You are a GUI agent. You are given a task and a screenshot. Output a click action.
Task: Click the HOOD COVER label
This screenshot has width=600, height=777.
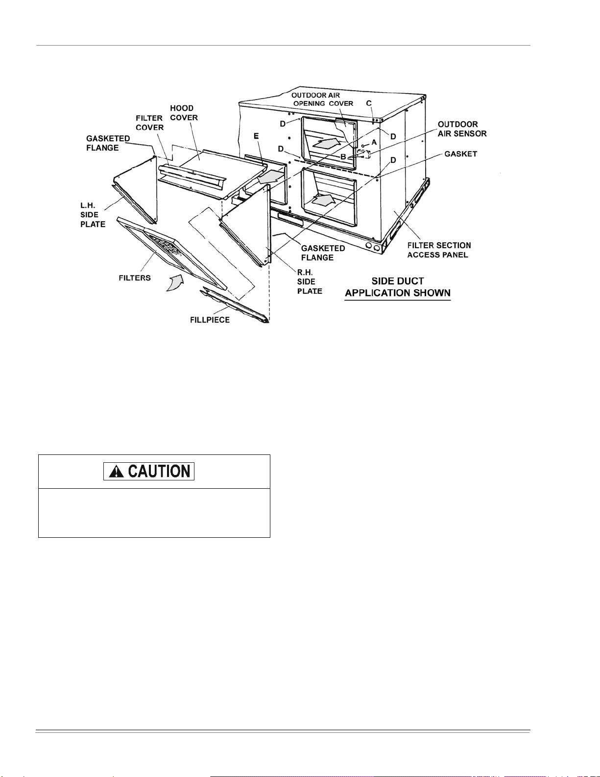coord(184,113)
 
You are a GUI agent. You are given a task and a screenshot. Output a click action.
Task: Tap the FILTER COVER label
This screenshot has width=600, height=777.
coord(149,123)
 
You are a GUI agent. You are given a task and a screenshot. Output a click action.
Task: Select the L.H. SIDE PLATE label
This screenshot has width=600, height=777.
coord(93,215)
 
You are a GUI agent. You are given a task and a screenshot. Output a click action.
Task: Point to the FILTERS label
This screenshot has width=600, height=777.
coord(135,278)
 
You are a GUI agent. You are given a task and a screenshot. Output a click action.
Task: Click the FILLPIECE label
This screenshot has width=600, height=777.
coord(210,320)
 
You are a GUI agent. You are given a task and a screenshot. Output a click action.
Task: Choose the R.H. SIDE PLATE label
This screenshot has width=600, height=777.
coord(310,281)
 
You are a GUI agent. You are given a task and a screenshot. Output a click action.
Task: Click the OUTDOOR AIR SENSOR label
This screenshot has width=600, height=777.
coord(462,129)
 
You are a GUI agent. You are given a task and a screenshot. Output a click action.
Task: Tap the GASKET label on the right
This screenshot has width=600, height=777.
coord(460,154)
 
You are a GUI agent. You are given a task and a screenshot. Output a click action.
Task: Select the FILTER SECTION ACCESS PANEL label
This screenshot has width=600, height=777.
coord(439,250)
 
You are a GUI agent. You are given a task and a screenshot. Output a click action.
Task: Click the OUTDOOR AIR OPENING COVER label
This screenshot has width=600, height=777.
coord(322,100)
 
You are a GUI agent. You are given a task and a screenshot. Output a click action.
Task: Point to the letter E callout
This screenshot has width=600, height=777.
coord(256,136)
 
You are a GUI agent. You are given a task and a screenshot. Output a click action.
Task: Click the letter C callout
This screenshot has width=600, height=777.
coord(369,103)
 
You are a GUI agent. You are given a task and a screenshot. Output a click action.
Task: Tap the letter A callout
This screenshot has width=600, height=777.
coord(374,142)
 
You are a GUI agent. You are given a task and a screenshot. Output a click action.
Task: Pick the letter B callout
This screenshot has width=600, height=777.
coord(343,157)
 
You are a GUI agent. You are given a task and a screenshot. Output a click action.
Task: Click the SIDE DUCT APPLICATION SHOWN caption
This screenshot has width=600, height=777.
coord(397,287)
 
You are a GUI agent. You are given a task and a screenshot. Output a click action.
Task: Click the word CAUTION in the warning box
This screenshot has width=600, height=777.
coord(159,472)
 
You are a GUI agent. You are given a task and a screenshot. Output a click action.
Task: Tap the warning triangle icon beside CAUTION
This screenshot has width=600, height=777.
coord(116,472)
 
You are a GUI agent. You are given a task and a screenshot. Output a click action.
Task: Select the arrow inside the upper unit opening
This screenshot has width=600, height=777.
coord(326,143)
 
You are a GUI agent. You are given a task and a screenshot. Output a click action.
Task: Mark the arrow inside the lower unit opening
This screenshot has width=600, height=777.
coord(325,199)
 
